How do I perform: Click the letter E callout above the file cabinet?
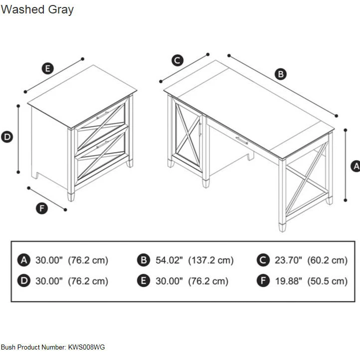pyautogui.click(x=48, y=68)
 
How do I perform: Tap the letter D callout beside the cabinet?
pyautogui.click(x=7, y=137)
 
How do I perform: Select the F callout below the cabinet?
pyautogui.click(x=42, y=208)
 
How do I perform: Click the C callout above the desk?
pyautogui.click(x=178, y=60)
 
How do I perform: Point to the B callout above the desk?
pyautogui.click(x=281, y=74)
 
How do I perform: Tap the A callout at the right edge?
pyautogui.click(x=356, y=166)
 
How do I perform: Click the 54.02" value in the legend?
pyautogui.click(x=169, y=260)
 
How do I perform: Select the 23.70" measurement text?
pyautogui.click(x=288, y=260)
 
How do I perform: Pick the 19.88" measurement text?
pyautogui.click(x=289, y=281)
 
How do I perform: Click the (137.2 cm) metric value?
pyautogui.click(x=211, y=260)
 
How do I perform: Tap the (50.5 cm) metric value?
pyautogui.click(x=328, y=281)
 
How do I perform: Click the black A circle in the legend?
pyautogui.click(x=24, y=260)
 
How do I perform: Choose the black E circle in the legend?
pyautogui.click(x=144, y=281)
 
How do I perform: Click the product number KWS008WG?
pyautogui.click(x=86, y=347)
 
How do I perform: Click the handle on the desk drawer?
pyautogui.click(x=242, y=140)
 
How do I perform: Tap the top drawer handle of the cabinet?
pyautogui.click(x=102, y=115)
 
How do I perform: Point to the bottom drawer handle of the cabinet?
pyautogui.click(x=102, y=145)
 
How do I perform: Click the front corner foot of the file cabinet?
pyautogui.click(x=71, y=196)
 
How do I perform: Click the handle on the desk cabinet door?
pyautogui.click(x=200, y=130)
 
